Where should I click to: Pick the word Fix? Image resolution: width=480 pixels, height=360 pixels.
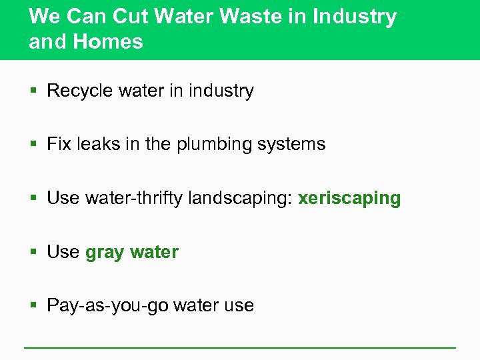pyautogui.click(x=57, y=144)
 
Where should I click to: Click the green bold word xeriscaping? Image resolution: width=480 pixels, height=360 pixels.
pyautogui.click(x=349, y=199)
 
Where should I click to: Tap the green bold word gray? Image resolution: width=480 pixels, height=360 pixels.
pyautogui.click(x=105, y=253)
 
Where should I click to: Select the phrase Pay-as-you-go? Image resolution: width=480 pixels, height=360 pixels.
pyautogui.click(x=107, y=306)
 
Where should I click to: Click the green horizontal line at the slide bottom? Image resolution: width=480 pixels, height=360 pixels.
pyautogui.click(x=240, y=347)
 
